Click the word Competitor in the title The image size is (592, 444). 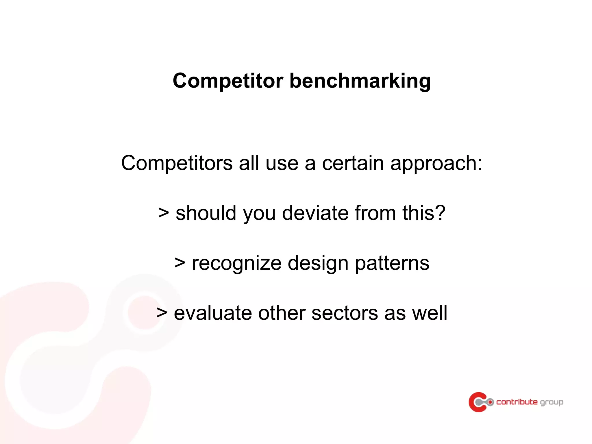click(x=228, y=81)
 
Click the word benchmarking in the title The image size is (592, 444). click(x=360, y=81)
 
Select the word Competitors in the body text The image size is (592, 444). click(x=177, y=163)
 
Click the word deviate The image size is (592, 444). click(x=315, y=213)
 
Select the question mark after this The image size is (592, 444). click(x=440, y=213)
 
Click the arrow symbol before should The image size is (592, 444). click(x=163, y=213)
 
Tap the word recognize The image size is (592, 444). click(x=236, y=263)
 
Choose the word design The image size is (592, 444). click(x=318, y=263)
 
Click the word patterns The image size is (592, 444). click(x=392, y=263)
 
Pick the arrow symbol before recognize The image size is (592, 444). click(x=180, y=263)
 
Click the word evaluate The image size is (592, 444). click(x=213, y=313)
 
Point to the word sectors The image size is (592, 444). click(x=345, y=313)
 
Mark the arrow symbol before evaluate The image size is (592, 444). click(x=162, y=313)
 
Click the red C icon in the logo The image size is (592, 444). click(x=477, y=402)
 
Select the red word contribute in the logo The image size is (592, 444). click(x=517, y=402)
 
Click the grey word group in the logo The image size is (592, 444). click(x=552, y=402)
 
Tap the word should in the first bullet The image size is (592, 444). click(x=206, y=213)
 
